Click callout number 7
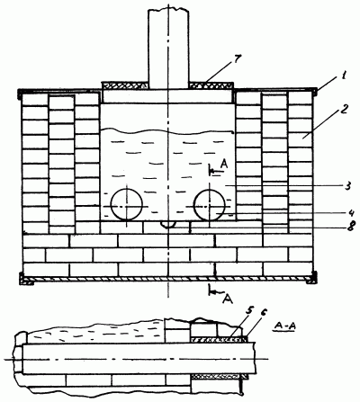coord(237,60)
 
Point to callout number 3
coord(347,186)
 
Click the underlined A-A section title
coord(284,326)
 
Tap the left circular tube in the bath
coord(126,205)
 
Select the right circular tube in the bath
coord(210,205)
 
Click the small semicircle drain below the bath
coord(168,224)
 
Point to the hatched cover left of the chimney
coord(124,85)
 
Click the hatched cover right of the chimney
coord(211,85)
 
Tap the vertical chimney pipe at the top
coord(168,49)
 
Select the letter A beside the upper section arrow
coord(224,164)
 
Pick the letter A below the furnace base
coord(229,299)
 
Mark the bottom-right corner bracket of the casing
coord(311,278)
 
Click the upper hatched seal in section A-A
coord(220,339)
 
